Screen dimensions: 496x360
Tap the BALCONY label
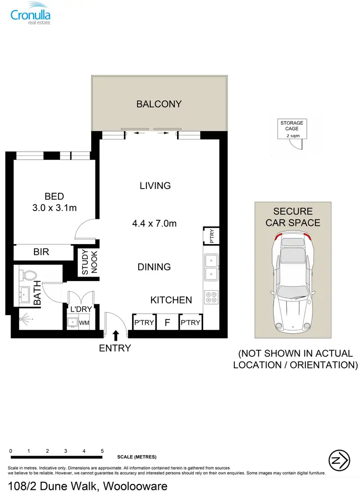coord(159,104)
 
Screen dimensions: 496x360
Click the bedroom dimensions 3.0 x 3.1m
coord(54,208)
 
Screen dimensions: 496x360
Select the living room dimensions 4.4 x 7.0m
coord(155,223)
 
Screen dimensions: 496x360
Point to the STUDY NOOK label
coord(89,262)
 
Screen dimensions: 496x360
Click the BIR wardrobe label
coord(41,251)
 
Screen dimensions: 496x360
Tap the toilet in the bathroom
coord(28,275)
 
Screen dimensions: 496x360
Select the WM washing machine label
coord(84,323)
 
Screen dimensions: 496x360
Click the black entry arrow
coord(116,334)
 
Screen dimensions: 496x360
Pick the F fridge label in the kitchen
coord(167,322)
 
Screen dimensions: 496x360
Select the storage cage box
coord(292,130)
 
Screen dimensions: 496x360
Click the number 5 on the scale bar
coord(102,451)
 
